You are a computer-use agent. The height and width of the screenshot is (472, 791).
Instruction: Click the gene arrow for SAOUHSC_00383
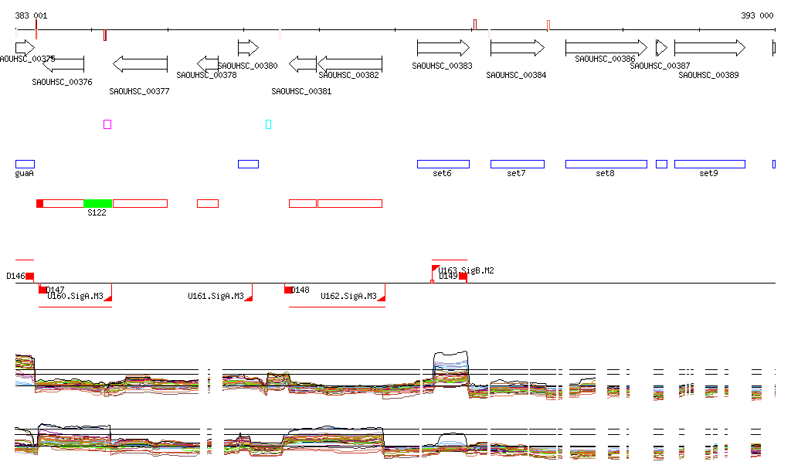coord(443,48)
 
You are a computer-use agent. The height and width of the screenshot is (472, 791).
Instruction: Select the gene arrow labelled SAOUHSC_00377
coord(140,63)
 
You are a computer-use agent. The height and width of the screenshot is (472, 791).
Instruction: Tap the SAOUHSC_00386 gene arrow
coord(606,48)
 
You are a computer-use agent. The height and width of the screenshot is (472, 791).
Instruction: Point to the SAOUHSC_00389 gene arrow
coord(709,48)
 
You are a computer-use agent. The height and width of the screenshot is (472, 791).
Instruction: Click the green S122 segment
coord(97,203)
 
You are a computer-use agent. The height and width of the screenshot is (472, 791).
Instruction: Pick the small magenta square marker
coord(107,124)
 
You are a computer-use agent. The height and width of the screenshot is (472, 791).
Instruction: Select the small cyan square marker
coord(268,124)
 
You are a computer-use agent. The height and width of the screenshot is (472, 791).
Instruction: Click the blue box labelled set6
coord(443,164)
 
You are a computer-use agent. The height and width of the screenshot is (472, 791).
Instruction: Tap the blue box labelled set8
coord(606,164)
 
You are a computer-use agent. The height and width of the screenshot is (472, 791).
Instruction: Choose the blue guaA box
coord(25,164)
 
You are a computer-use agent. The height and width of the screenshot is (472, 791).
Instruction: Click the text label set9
coord(708,174)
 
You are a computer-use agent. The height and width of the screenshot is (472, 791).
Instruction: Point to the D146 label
coord(15,276)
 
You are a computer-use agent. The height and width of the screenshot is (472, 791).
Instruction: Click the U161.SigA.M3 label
coord(216,296)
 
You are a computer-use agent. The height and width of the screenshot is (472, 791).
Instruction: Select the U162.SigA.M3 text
coord(348,296)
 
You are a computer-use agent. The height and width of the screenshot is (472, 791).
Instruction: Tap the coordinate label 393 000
coord(757,15)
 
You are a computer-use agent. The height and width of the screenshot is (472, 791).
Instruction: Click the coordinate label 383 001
coord(31,15)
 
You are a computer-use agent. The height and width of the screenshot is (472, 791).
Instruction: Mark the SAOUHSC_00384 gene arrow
coord(518,48)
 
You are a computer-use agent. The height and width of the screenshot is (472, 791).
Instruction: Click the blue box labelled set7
coord(517,164)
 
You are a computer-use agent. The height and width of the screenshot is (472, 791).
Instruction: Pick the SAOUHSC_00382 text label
coord(348,76)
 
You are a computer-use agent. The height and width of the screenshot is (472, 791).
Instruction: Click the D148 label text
coord(300,290)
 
